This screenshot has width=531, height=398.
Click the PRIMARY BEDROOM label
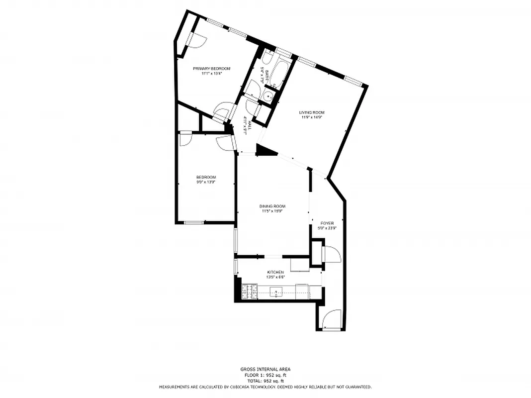tap(212, 69)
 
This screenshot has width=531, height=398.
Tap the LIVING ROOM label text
tap(311, 112)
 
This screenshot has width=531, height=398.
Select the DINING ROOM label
tap(272, 206)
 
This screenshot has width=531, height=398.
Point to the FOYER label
tap(326, 223)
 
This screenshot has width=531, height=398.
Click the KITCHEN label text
tap(275, 272)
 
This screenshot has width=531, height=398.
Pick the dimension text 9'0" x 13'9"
tap(206, 182)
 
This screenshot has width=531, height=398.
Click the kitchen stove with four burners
tap(250, 292)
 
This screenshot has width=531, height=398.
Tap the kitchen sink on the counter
tap(276, 292)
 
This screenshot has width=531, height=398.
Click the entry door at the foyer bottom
tap(331, 319)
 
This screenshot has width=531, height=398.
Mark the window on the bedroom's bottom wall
tap(194, 222)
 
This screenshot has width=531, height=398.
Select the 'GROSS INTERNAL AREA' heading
tap(265, 369)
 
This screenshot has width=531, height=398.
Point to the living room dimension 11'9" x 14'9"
tap(311, 117)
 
